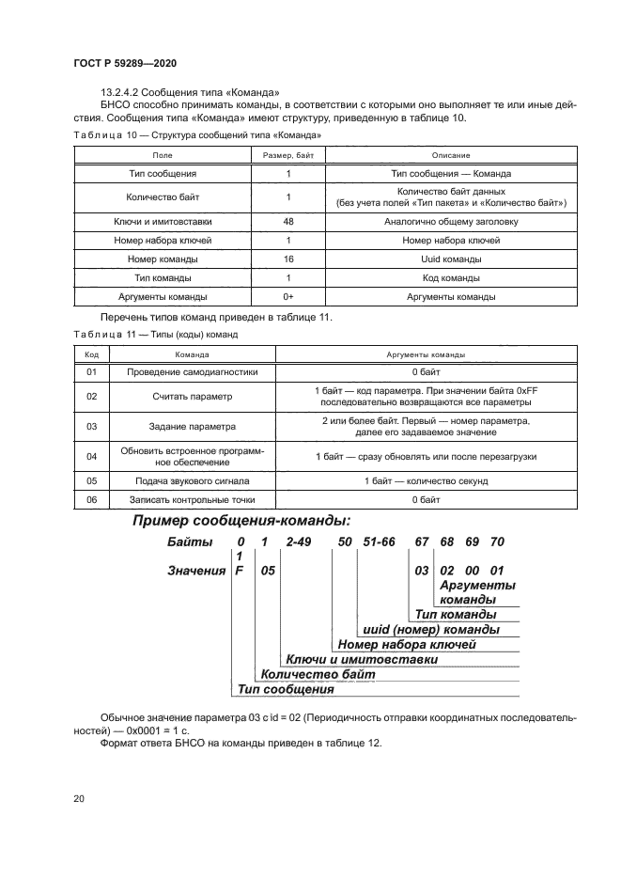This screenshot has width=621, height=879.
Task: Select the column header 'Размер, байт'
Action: [x=288, y=154]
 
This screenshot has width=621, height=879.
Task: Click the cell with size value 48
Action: [x=288, y=222]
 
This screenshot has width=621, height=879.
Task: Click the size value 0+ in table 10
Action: [x=288, y=297]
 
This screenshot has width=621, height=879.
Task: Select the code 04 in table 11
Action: [x=92, y=456]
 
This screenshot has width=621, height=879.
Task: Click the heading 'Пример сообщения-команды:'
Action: [x=241, y=521]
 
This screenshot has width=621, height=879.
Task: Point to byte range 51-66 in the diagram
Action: [x=377, y=542]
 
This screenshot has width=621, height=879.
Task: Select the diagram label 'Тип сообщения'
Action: [x=286, y=689]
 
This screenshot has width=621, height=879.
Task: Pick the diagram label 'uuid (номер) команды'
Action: [x=430, y=629]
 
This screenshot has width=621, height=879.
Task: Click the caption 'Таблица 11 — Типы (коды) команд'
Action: [x=155, y=334]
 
